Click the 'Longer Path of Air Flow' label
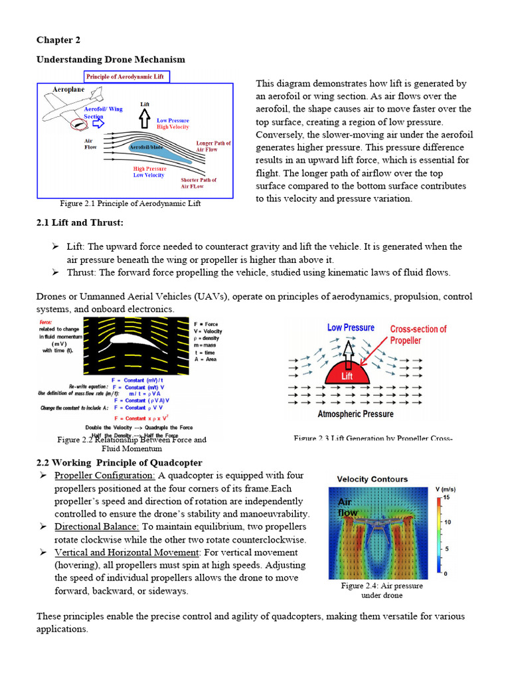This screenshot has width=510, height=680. click(x=213, y=146)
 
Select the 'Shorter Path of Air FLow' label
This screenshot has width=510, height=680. click(x=199, y=183)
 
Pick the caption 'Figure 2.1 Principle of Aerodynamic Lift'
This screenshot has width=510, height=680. click(x=130, y=203)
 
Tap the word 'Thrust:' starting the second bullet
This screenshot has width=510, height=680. click(x=82, y=272)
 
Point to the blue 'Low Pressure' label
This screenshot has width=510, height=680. click(x=351, y=327)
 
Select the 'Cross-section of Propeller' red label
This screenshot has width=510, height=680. click(x=418, y=335)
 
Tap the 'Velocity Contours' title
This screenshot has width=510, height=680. click(x=373, y=479)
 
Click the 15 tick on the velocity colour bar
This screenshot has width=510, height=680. click(x=447, y=497)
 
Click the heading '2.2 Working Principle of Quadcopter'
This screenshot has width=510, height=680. click(x=119, y=462)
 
